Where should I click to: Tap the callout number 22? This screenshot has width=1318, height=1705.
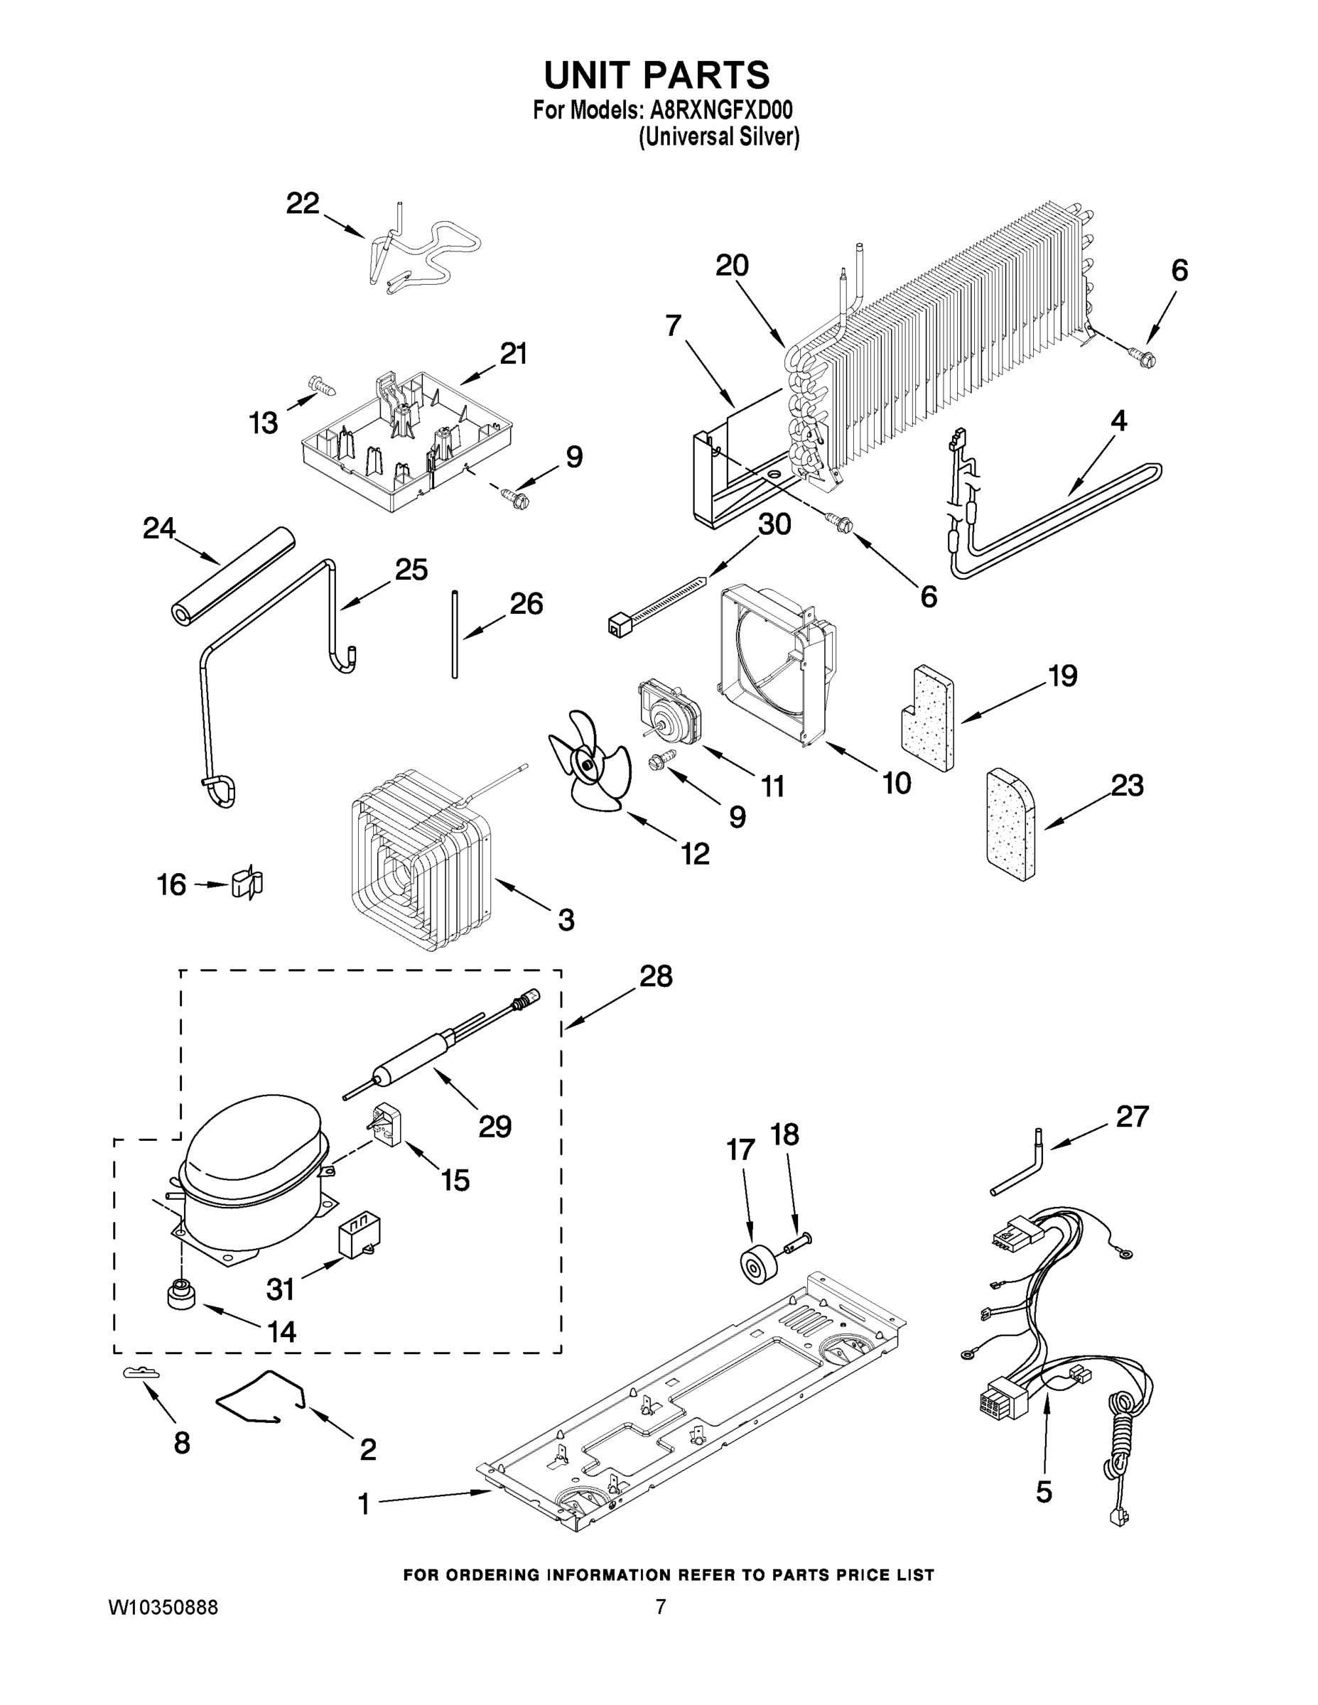pyautogui.click(x=302, y=204)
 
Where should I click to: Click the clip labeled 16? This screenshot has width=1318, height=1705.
pyautogui.click(x=248, y=883)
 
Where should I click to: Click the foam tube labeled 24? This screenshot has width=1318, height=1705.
pyautogui.click(x=230, y=575)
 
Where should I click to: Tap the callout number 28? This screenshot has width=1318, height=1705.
pyautogui.click(x=655, y=977)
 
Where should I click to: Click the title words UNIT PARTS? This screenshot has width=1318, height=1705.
pyautogui.click(x=657, y=75)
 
